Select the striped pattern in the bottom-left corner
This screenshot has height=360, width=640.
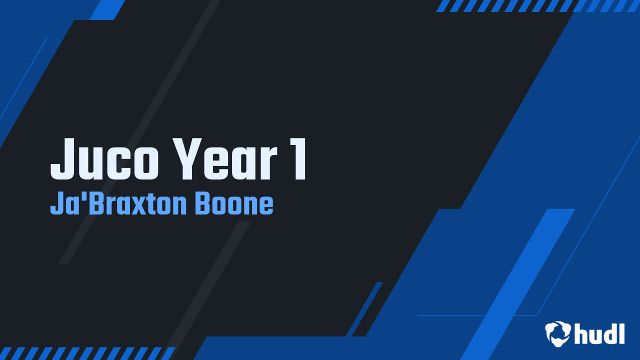click(x=87, y=353)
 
